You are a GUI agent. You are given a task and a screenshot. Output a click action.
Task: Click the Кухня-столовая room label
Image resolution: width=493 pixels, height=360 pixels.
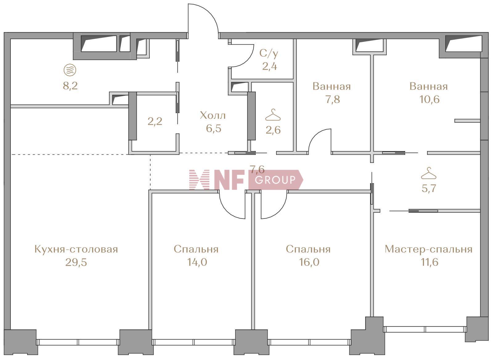76,249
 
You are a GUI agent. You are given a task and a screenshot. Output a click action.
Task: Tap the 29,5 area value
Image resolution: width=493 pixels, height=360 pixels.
76,262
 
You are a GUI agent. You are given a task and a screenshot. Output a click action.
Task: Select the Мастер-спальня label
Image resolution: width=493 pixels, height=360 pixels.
428,249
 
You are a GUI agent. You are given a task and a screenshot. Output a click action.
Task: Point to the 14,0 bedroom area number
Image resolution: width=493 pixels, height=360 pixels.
197,262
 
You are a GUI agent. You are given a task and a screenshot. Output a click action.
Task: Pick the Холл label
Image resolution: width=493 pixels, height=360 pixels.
213,116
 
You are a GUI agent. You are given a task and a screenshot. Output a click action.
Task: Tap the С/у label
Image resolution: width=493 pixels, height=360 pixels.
269,53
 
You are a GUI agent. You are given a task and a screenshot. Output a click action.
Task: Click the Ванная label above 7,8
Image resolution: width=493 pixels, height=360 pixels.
332,86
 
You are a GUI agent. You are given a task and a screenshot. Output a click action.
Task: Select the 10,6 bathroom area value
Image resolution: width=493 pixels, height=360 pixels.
429,100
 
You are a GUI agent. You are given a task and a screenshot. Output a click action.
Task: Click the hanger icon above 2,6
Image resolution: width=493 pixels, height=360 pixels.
273,115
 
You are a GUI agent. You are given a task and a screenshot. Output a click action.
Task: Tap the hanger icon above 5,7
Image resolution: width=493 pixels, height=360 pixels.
429,174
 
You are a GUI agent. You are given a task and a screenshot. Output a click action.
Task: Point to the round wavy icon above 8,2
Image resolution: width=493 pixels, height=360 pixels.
70,70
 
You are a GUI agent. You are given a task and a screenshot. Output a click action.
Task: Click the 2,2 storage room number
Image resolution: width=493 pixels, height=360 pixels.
155,121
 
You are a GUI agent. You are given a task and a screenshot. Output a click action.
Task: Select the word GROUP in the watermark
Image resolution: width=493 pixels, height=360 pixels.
275,180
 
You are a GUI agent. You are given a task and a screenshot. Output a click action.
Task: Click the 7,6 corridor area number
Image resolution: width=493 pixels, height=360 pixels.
257,169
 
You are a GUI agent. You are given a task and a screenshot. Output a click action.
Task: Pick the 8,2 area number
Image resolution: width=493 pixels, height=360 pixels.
70,86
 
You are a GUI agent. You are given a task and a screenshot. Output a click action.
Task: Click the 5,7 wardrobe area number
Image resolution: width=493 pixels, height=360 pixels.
429,188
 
